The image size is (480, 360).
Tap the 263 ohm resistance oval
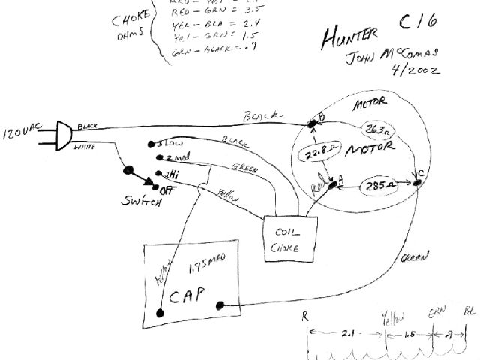click(x=379, y=132)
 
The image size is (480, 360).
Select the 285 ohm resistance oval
click(x=374, y=184)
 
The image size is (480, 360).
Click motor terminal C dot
click(x=417, y=181)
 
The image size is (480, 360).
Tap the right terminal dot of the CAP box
click(x=220, y=305)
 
